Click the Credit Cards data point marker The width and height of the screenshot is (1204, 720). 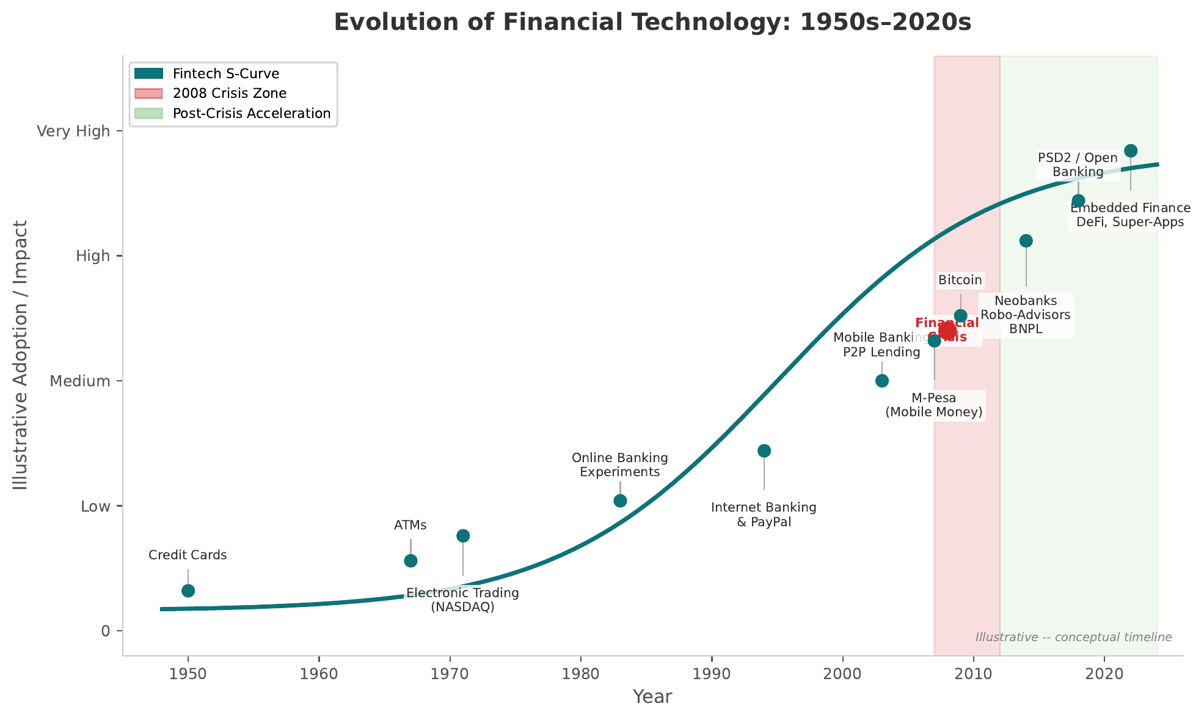click(x=188, y=590)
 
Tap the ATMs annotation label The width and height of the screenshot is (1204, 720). click(x=410, y=525)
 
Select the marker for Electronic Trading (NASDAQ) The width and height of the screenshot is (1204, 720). click(x=463, y=536)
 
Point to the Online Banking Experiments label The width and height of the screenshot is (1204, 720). click(x=619, y=465)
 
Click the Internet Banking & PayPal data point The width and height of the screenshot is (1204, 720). click(x=764, y=451)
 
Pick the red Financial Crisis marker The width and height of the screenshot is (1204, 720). click(x=947, y=331)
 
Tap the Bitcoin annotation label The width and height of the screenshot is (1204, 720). click(x=960, y=281)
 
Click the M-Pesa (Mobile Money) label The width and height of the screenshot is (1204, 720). click(x=934, y=405)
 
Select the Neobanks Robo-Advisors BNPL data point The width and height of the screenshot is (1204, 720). click(x=1026, y=241)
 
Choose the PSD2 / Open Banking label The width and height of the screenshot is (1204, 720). click(x=1078, y=165)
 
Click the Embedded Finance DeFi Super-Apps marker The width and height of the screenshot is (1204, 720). click(x=1131, y=151)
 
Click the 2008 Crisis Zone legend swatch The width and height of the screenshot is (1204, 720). click(x=149, y=94)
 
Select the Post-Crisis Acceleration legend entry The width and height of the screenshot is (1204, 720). click(x=251, y=114)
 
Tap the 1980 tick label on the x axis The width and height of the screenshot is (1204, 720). click(x=580, y=674)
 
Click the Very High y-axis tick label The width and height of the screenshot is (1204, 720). click(x=73, y=131)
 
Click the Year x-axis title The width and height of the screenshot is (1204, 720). click(x=652, y=697)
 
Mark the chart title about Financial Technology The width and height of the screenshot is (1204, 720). click(x=652, y=23)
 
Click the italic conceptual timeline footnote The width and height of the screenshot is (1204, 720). click(x=1073, y=637)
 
